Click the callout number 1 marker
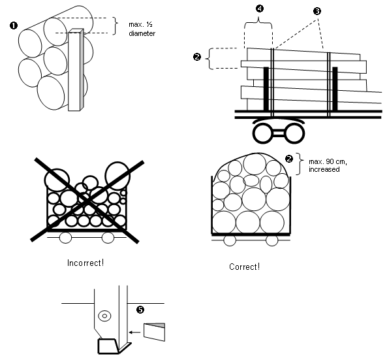point(14,25)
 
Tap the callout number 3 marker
point(317,11)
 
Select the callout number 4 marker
point(260,8)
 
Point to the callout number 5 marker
point(140,310)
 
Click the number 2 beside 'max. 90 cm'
point(289,159)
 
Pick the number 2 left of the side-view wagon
point(197,57)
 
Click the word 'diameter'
point(142,33)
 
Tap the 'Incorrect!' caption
point(85,263)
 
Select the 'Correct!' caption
point(244,267)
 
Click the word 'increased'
point(324,169)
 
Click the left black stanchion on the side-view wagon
point(266,88)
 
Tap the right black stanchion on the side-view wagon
point(335,88)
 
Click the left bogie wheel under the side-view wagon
point(262,133)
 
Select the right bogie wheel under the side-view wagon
point(295,133)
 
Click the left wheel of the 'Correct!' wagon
point(230,240)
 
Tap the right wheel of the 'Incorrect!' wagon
point(108,238)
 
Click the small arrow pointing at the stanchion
point(134,333)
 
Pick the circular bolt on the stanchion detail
point(104,316)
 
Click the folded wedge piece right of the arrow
point(154,332)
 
